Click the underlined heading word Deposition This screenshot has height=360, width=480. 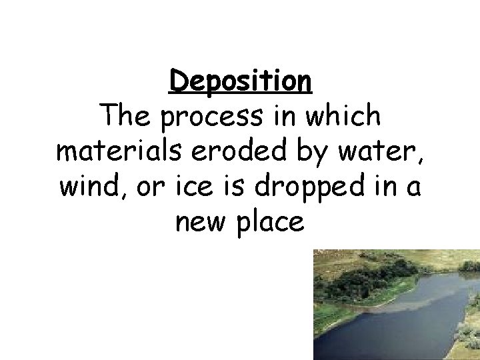[240, 82]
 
